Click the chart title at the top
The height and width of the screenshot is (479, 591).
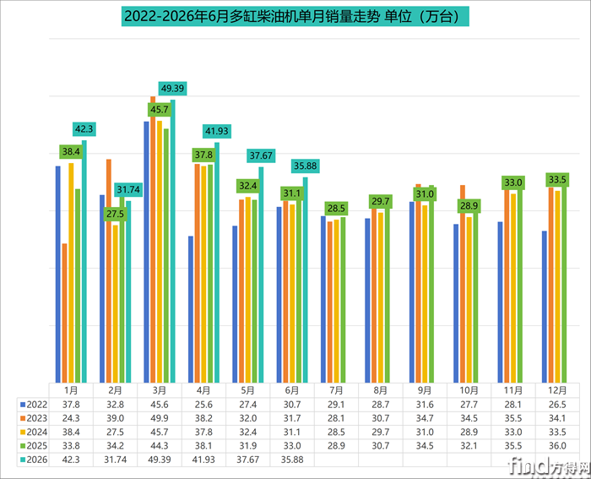tap(295, 16)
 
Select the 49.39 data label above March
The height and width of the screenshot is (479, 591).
tap(172, 89)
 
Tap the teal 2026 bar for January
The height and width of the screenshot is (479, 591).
tap(84, 261)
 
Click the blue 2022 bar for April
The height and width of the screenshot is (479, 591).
tap(191, 309)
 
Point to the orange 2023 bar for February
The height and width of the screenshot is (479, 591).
tap(109, 271)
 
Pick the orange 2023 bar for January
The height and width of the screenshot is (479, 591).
tap(64, 313)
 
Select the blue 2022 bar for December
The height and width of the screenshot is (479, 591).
tap(545, 307)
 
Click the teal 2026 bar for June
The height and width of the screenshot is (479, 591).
tap(306, 280)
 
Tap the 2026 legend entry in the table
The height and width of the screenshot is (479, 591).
tap(34, 460)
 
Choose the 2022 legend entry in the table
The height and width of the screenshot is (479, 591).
tap(34, 405)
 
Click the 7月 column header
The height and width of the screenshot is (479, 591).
tap(336, 390)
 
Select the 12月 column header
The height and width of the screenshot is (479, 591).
tap(557, 390)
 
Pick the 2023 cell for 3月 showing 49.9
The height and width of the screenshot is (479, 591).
tap(160, 418)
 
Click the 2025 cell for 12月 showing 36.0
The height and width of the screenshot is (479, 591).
tap(557, 446)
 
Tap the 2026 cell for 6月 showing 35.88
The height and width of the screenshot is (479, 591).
tap(292, 460)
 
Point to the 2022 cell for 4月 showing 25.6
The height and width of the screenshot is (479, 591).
tap(203, 405)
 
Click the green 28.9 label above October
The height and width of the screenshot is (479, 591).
tap(469, 206)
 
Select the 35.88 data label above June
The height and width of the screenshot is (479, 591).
tap(306, 166)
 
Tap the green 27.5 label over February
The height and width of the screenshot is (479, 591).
tap(115, 214)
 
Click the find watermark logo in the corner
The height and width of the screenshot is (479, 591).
tap(548, 466)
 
